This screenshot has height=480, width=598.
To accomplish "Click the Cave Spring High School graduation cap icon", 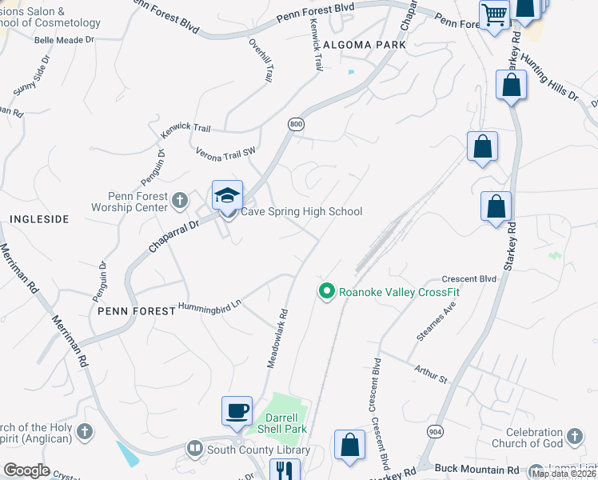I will point(227,195).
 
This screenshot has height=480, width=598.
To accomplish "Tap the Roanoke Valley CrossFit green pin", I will point(325,292).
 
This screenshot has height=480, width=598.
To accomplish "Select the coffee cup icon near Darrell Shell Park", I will point(237,411).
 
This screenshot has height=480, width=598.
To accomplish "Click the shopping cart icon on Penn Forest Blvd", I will point(494,14).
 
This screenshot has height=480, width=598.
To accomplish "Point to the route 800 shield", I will point(296,124).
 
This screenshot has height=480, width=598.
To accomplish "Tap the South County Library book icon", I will point(195,450).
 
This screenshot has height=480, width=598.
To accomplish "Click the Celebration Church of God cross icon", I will point(573,437).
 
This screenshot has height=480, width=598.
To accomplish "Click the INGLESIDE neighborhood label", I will point(39,218).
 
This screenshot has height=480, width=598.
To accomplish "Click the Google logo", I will point(27,470).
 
